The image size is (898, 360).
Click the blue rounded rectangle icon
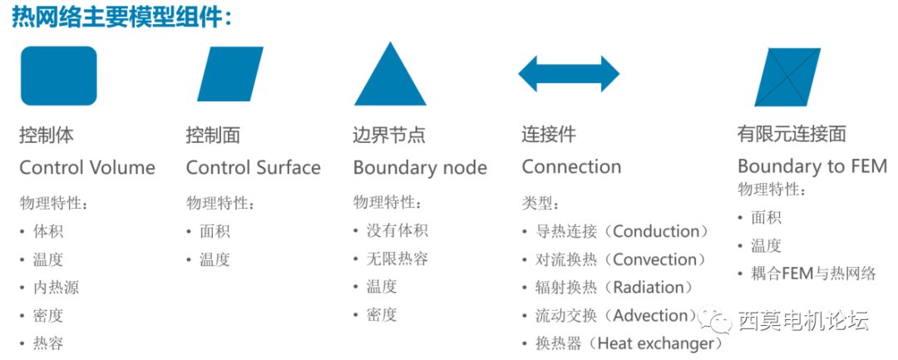coord(58,76)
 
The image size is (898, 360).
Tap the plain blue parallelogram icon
coord(229,75)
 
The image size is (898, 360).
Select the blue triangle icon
coord(390,75)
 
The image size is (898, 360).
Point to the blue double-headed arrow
coord(569,74)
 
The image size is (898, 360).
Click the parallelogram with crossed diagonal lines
coord(787,76)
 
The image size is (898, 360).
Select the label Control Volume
coord(87,167)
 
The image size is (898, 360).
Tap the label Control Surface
coord(253,167)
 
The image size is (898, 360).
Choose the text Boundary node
coord(420,167)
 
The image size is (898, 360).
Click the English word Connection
coord(571,166)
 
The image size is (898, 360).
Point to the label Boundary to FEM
coord(812,165)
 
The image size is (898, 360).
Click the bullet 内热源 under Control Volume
coord(56,288)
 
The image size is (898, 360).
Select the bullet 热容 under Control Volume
coord(48,343)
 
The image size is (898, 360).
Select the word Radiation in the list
coord(652,288)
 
